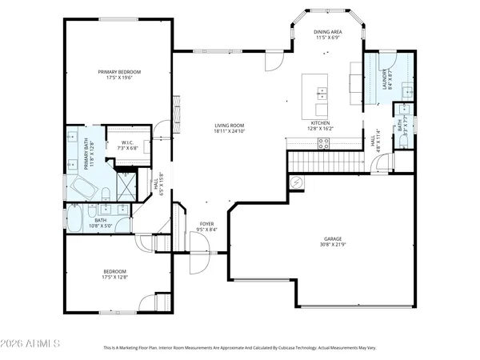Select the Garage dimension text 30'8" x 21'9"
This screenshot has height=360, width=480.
pyautogui.click(x=333, y=245)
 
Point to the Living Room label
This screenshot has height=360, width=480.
pyautogui.click(x=229, y=125)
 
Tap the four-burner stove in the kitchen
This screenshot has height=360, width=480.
pyautogui.click(x=324, y=143)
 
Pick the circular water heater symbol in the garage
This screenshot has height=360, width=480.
pyautogui.click(x=298, y=183)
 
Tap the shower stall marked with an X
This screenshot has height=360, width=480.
pyautogui.click(x=127, y=186)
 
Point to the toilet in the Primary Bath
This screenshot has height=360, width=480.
pyautogui.click(x=106, y=190)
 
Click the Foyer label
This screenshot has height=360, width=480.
pyautogui.click(x=207, y=224)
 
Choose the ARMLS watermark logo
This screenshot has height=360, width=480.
pyautogui.click(x=32, y=344)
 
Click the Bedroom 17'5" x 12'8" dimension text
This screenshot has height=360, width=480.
pyautogui.click(x=114, y=278)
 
